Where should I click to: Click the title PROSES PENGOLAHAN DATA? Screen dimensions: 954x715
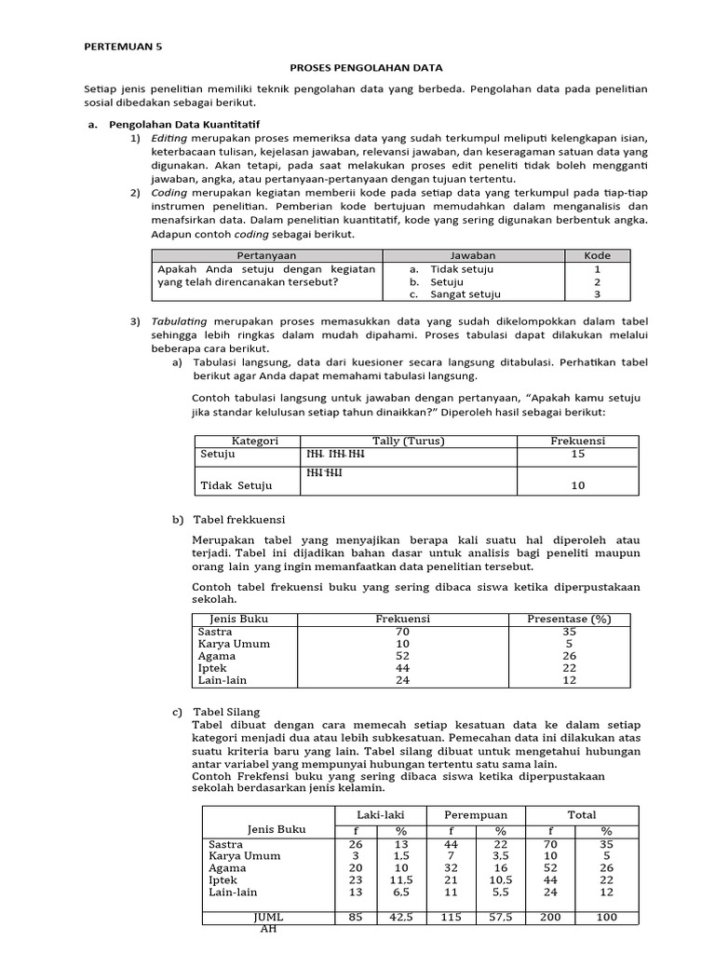click(x=357, y=68)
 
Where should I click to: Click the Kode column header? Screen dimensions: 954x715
click(x=597, y=255)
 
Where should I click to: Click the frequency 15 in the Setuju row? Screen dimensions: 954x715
click(x=577, y=455)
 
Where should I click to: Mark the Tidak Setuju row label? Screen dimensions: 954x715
click(x=236, y=485)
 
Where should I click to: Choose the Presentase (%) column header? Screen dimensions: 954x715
click(x=568, y=619)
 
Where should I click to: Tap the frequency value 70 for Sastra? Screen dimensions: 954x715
click(x=401, y=632)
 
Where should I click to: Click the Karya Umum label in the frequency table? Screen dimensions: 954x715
click(x=234, y=644)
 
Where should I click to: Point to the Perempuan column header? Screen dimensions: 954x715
click(x=475, y=814)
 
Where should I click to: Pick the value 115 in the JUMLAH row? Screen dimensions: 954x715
click(x=451, y=918)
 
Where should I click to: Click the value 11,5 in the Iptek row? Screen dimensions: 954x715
click(x=401, y=879)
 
